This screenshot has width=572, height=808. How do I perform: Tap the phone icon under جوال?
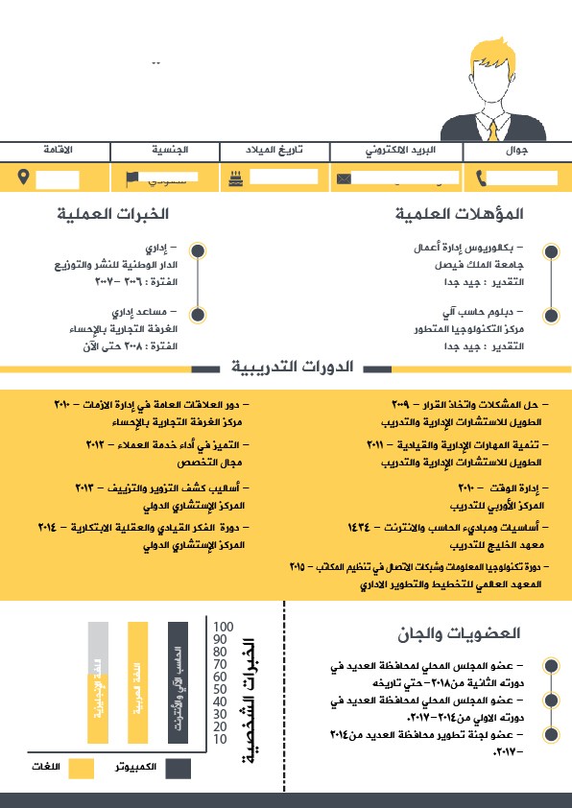click(481, 178)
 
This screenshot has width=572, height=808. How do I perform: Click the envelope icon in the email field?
click(344, 178)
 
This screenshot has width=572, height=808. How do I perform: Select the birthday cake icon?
click(234, 178)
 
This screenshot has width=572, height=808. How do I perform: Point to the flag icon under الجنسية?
click(131, 178)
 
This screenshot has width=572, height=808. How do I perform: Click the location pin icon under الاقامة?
click(24, 178)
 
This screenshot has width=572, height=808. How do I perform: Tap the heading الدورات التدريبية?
click(292, 368)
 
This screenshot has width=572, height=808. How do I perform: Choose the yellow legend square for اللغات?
click(82, 769)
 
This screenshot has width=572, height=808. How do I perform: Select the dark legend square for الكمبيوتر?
click(178, 769)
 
